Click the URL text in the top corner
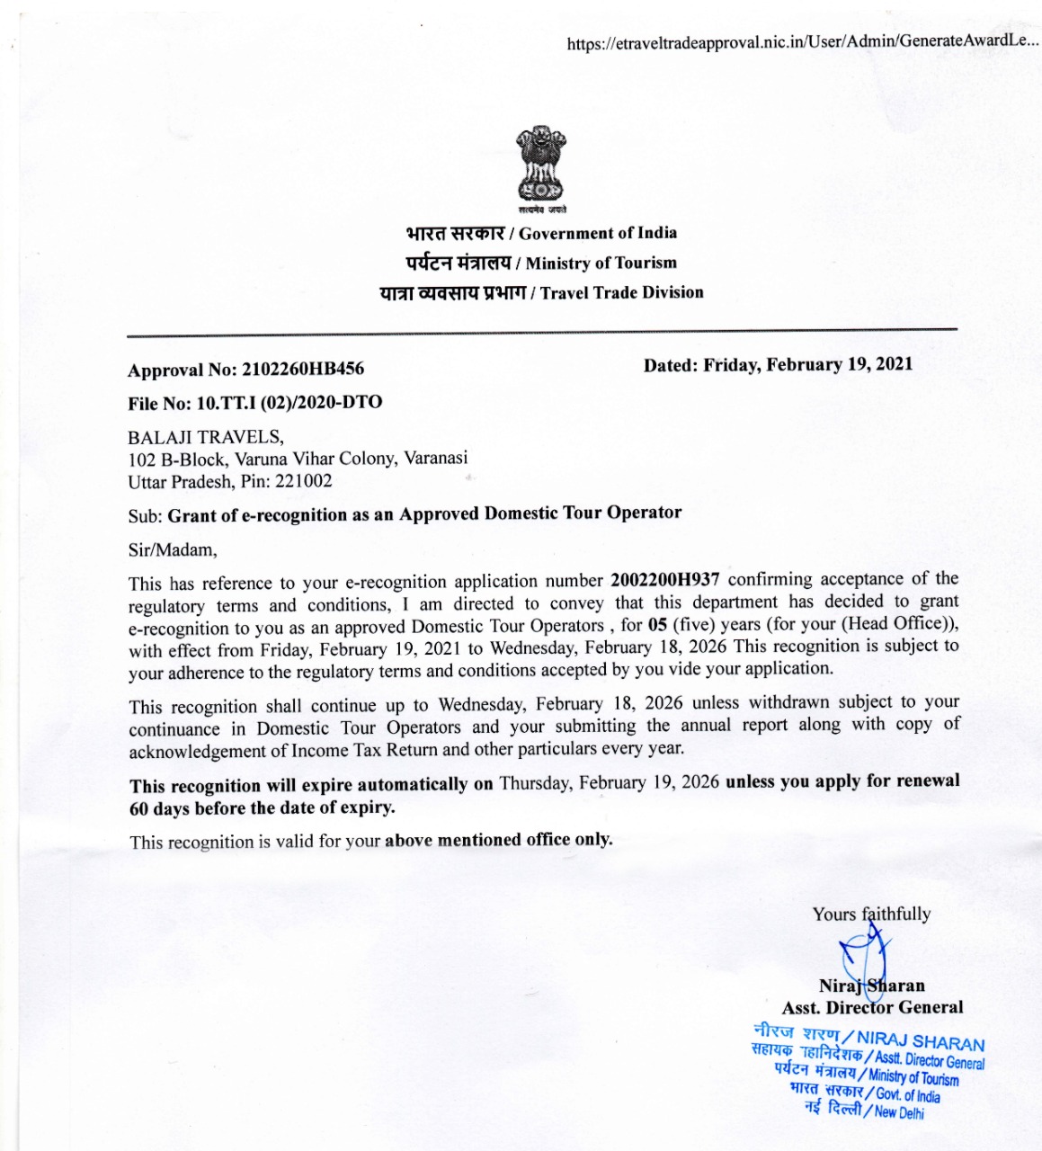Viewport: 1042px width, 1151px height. coord(802,42)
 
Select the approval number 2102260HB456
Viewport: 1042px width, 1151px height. coord(303,370)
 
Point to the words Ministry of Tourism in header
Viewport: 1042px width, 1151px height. coord(601,263)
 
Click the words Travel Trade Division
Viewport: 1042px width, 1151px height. coord(622,293)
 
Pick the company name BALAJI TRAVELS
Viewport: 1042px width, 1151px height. coord(205,438)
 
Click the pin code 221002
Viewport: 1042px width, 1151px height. coord(304,481)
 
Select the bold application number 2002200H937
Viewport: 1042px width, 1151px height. coord(665,580)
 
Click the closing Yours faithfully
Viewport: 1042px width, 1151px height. coord(871,915)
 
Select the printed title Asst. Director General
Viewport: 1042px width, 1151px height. coord(872,1008)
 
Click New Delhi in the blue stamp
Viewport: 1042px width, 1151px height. coord(898,1112)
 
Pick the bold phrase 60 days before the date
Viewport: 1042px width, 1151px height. coord(262,807)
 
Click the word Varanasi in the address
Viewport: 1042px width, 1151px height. coord(436,458)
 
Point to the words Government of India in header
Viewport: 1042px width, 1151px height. coord(598,234)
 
